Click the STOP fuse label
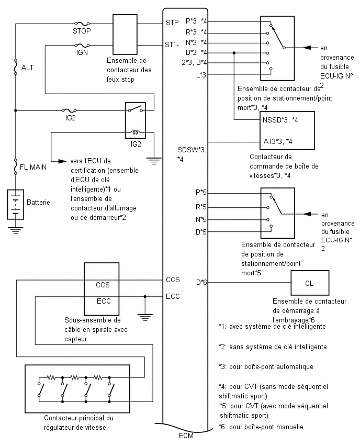pyautogui.click(x=82, y=31)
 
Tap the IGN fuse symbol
pyautogui.click(x=82, y=45)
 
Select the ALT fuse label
pyautogui.click(x=27, y=68)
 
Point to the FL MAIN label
pyautogui.click(x=33, y=167)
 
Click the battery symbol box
pyautogui.click(x=15, y=204)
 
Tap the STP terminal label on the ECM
pyautogui.click(x=172, y=23)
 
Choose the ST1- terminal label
pyautogui.click(x=172, y=44)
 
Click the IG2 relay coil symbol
pyautogui.click(x=136, y=132)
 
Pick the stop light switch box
pyautogui.click(x=125, y=35)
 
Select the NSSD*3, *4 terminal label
pyautogui.click(x=280, y=120)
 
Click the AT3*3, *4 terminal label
pyautogui.click(x=277, y=141)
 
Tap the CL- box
pyautogui.click(x=310, y=283)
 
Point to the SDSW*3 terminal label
pyautogui.click(x=192, y=150)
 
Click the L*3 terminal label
pyautogui.click(x=201, y=75)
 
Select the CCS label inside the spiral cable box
pyautogui.click(x=103, y=285)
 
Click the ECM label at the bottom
pyautogui.click(x=186, y=436)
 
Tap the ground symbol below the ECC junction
pyautogui.click(x=145, y=317)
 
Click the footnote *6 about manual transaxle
pyautogui.click(x=261, y=427)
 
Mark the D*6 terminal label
pyautogui.click(x=201, y=283)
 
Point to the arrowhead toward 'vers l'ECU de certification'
pyautogui.click(x=62, y=161)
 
